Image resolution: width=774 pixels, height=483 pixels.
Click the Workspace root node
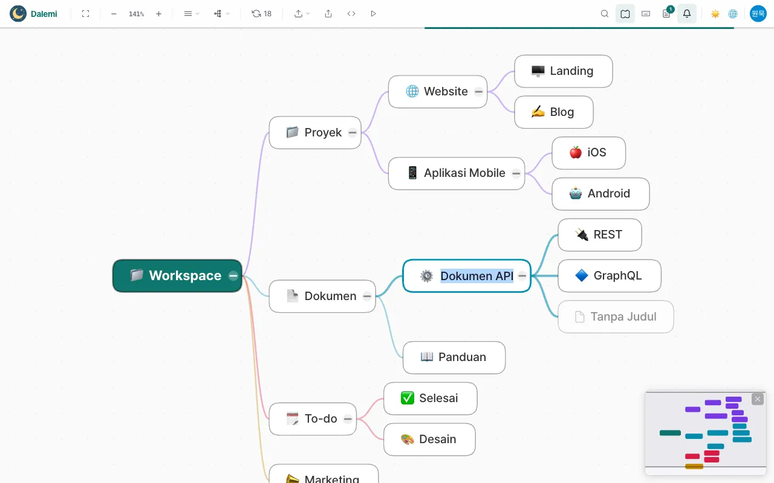(x=177, y=276)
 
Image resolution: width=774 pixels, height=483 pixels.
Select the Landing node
(x=563, y=71)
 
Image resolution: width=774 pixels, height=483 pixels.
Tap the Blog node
(x=553, y=112)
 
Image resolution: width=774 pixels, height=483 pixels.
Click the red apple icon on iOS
(x=575, y=153)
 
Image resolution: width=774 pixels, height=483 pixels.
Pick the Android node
(x=600, y=194)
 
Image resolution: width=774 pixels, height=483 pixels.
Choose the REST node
(x=599, y=235)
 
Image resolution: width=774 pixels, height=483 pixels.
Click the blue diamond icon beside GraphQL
(x=582, y=276)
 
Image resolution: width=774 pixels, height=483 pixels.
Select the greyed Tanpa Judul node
(x=616, y=317)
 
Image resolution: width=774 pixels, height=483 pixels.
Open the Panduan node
(x=454, y=357)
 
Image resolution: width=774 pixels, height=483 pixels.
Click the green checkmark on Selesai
(x=408, y=398)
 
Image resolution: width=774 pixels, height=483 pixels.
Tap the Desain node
(x=429, y=440)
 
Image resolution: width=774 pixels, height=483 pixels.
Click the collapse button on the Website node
(x=478, y=92)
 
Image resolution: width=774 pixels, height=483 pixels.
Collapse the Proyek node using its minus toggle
(x=353, y=132)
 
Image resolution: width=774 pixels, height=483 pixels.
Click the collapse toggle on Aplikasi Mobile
(x=516, y=173)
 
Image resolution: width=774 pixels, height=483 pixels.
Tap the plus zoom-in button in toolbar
(x=158, y=14)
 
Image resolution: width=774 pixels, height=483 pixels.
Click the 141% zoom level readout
(x=136, y=14)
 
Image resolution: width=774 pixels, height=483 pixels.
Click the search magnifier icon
(x=604, y=14)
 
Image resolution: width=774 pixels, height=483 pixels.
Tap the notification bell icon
(x=686, y=14)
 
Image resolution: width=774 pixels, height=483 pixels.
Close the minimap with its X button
(x=758, y=399)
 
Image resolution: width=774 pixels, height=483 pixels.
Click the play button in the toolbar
(x=373, y=14)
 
